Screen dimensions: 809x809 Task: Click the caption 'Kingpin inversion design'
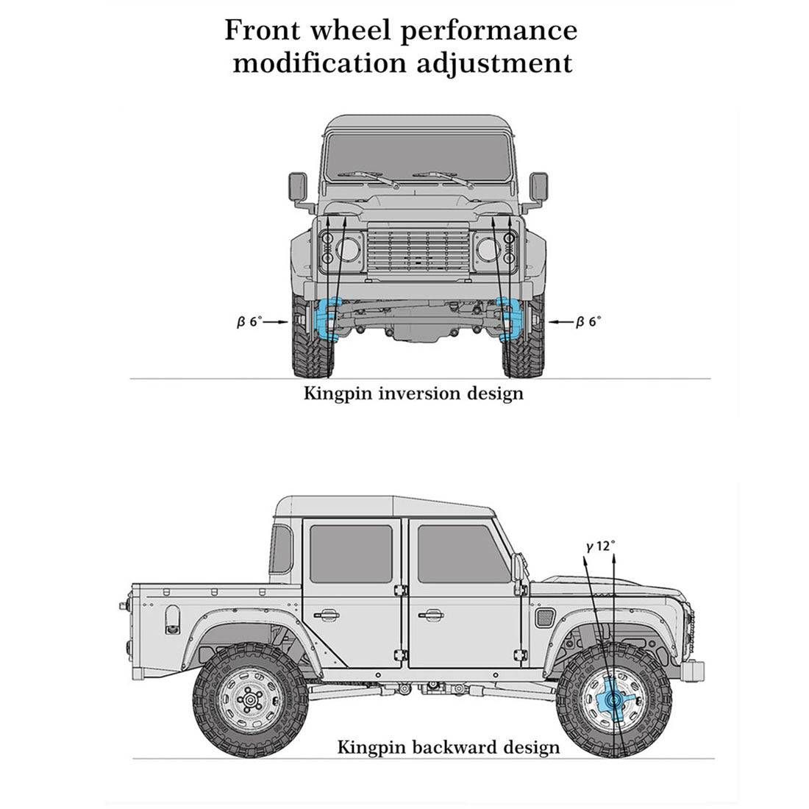(413, 393)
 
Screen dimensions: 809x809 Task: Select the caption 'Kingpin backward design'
(448, 748)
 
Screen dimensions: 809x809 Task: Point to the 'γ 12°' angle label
(601, 546)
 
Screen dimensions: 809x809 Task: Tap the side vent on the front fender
(546, 615)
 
